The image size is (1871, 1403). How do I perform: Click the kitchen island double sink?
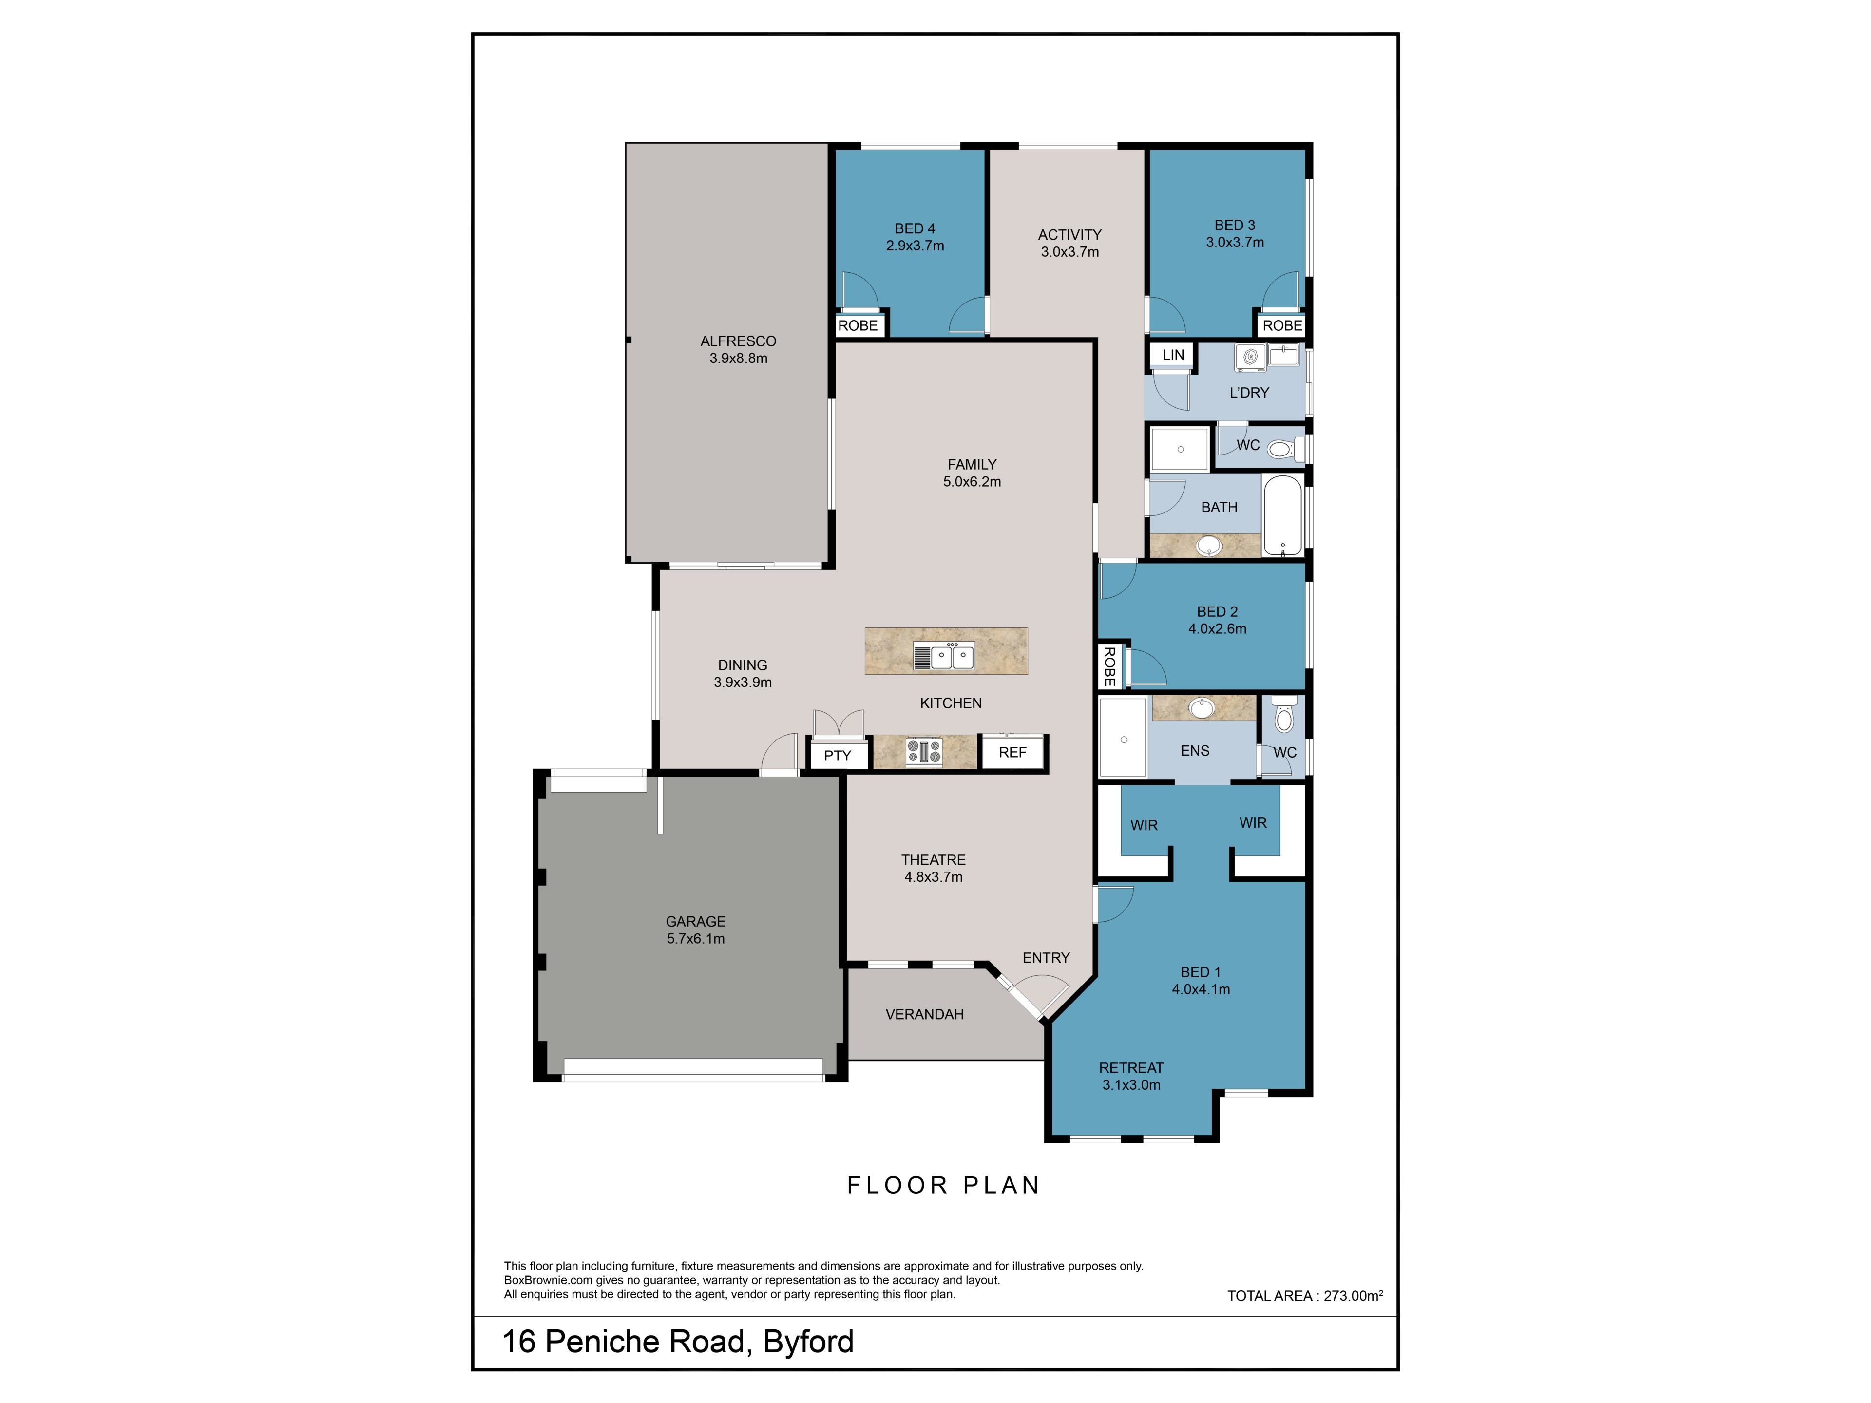(944, 656)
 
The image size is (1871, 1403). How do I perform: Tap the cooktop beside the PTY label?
(924, 751)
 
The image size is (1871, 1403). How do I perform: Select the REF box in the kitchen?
(1012, 752)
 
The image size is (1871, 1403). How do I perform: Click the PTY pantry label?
(838, 755)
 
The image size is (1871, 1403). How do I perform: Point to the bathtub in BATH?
(1283, 515)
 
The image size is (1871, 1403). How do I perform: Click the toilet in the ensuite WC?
(1284, 715)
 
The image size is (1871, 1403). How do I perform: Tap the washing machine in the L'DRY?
(1249, 357)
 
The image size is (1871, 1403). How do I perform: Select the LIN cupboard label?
(1173, 354)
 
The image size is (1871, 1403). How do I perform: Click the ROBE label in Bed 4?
(858, 325)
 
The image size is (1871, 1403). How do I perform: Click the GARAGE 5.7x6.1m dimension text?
(695, 939)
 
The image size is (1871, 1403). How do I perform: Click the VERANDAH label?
(924, 1014)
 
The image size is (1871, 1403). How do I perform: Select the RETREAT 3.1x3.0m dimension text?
(1131, 1085)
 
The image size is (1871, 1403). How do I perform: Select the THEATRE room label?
(933, 860)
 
